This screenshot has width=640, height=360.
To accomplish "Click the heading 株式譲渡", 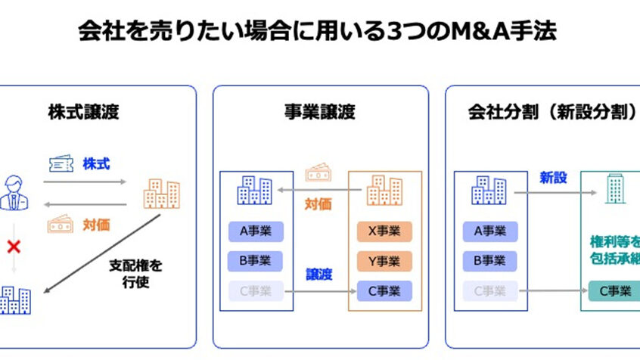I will tap(83, 113).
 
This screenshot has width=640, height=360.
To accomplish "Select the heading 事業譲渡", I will tap(320, 113).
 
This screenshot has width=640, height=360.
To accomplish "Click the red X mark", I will tap(13, 246).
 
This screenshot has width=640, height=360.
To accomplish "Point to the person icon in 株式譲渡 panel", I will tap(13, 192).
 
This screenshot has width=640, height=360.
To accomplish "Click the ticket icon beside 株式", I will tap(61, 164).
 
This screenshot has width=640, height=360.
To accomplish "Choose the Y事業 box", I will tap(384, 261).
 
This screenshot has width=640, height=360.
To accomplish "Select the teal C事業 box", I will tap(614, 290).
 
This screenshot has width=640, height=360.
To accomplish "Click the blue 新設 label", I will tap(553, 178).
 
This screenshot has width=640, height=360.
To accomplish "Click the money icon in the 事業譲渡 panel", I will tap(318, 175).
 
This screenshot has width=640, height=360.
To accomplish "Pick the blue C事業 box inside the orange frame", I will tap(384, 290).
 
